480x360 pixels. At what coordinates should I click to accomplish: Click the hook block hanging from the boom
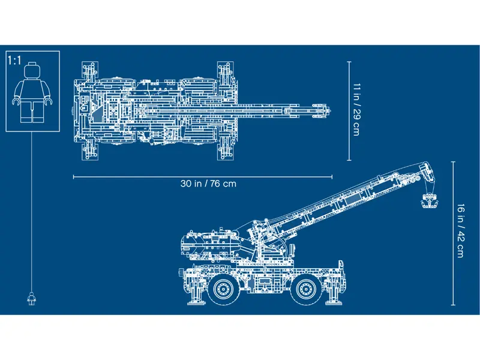428,201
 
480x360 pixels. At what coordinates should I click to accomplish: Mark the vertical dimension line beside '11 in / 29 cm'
349,110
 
